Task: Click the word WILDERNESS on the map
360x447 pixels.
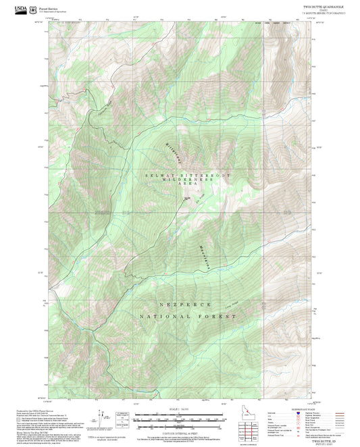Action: (180, 183)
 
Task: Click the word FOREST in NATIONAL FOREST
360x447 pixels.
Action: (220, 316)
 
